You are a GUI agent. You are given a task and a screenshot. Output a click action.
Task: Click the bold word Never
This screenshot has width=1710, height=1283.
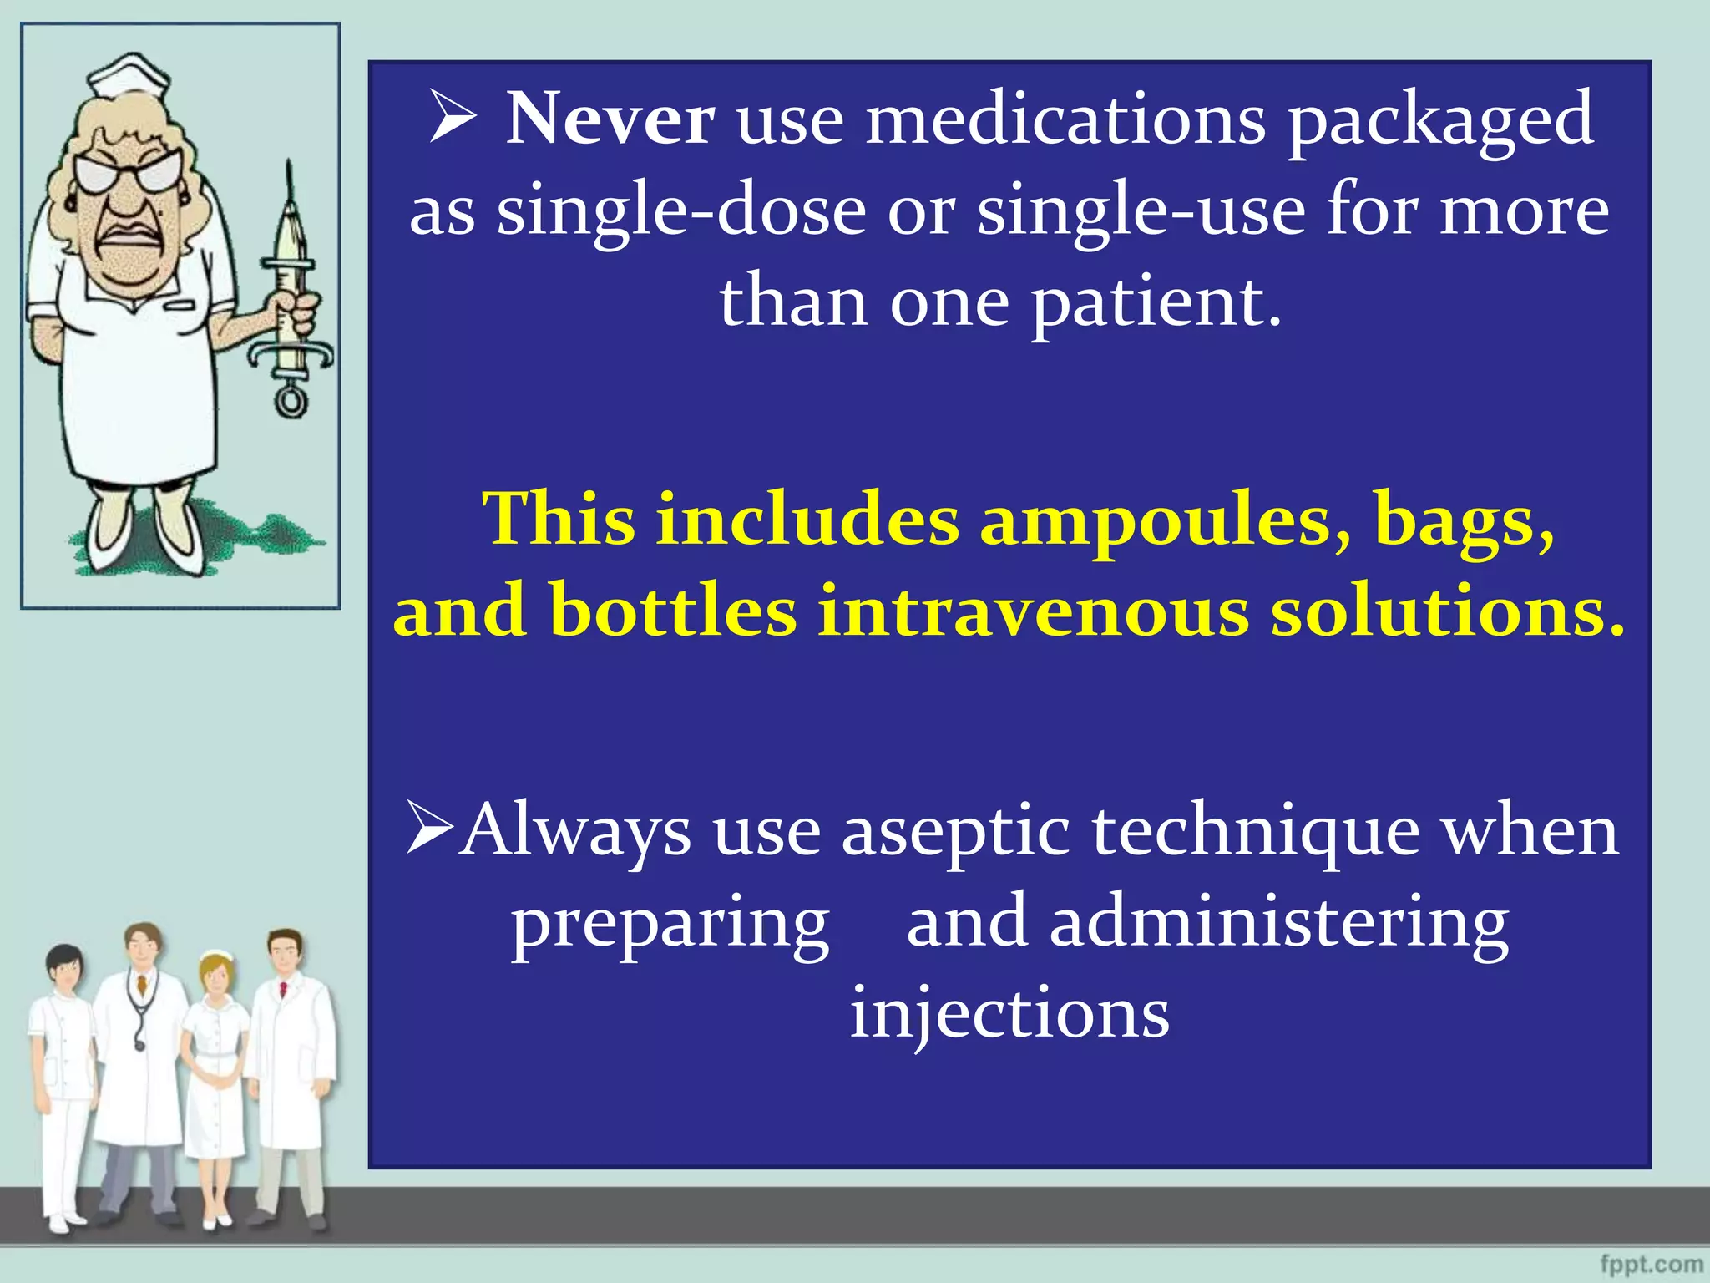click(610, 119)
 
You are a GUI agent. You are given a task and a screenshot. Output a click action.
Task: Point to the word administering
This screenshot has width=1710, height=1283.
click(1278, 923)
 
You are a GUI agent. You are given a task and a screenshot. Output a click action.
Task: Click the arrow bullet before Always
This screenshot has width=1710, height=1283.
click(429, 827)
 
